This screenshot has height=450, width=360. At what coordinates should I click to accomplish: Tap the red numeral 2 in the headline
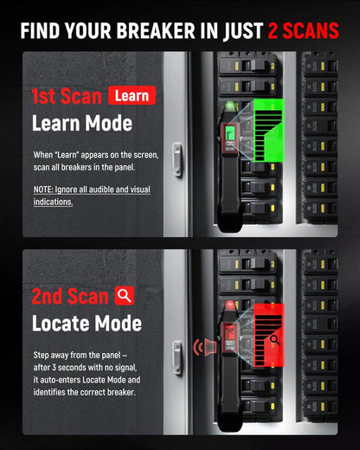[271, 30]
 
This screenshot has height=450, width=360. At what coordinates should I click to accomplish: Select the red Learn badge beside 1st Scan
[132, 96]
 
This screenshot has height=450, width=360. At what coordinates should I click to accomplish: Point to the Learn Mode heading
[81, 123]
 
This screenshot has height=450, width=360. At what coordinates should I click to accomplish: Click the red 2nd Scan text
[69, 297]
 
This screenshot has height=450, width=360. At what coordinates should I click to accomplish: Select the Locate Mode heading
[86, 324]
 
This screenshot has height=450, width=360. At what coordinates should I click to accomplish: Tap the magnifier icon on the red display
[275, 337]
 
